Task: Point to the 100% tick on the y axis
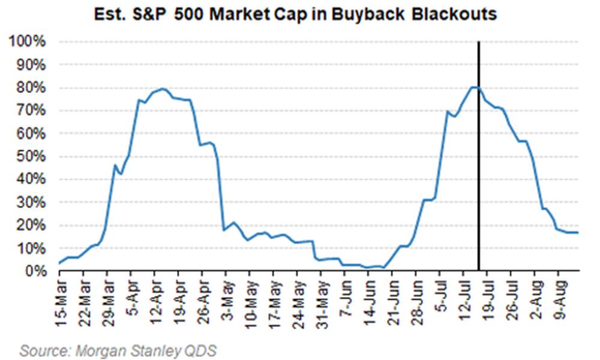[26, 42]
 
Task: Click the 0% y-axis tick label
[34, 271]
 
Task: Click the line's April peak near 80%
[162, 89]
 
